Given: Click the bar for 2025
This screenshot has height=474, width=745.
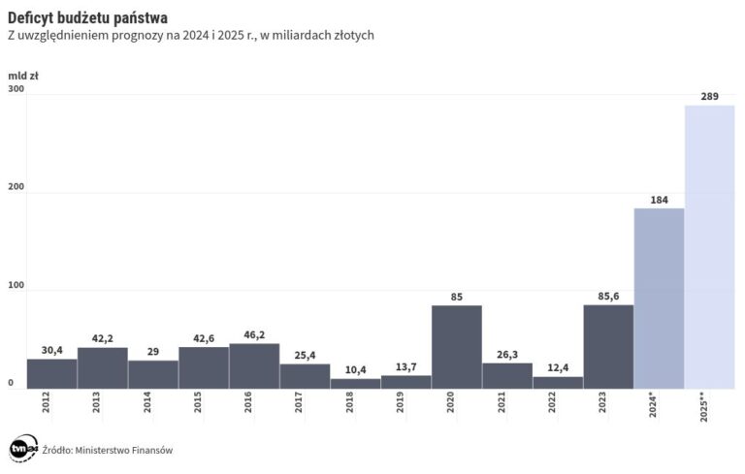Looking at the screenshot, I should (x=709, y=247).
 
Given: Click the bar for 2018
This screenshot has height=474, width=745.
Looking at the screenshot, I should (x=355, y=383).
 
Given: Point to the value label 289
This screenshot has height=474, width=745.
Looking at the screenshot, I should (x=709, y=96).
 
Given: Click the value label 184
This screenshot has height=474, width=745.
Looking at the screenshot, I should (x=659, y=200).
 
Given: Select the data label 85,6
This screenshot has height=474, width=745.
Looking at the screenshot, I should (x=608, y=296).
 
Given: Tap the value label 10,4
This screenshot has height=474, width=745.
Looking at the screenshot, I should (x=355, y=369).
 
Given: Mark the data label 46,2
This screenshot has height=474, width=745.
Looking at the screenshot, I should (x=254, y=334).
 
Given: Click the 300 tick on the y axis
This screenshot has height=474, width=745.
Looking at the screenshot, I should (x=16, y=89).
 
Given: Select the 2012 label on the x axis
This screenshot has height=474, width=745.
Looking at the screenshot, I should (x=47, y=402).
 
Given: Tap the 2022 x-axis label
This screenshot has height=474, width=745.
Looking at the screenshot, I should (x=552, y=402).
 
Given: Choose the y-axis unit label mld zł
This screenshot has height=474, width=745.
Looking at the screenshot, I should (x=23, y=75).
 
